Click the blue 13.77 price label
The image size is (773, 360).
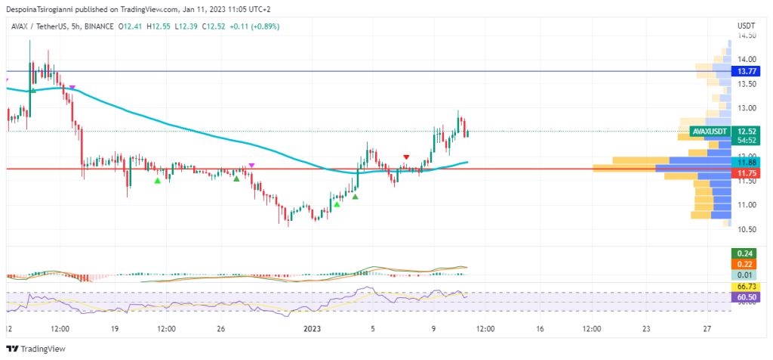pyautogui.click(x=747, y=71)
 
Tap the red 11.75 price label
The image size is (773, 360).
pyautogui.click(x=747, y=173)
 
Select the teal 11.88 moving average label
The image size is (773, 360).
pyautogui.click(x=747, y=162)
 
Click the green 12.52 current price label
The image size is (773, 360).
pyautogui.click(x=747, y=131)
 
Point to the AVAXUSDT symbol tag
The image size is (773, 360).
pyautogui.click(x=710, y=132)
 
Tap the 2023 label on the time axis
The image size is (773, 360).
pyautogui.click(x=312, y=329)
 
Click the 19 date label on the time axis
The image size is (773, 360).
pyautogui.click(x=115, y=329)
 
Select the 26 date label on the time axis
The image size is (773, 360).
pyautogui.click(x=221, y=329)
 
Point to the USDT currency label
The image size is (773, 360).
pyautogui.click(x=746, y=26)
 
